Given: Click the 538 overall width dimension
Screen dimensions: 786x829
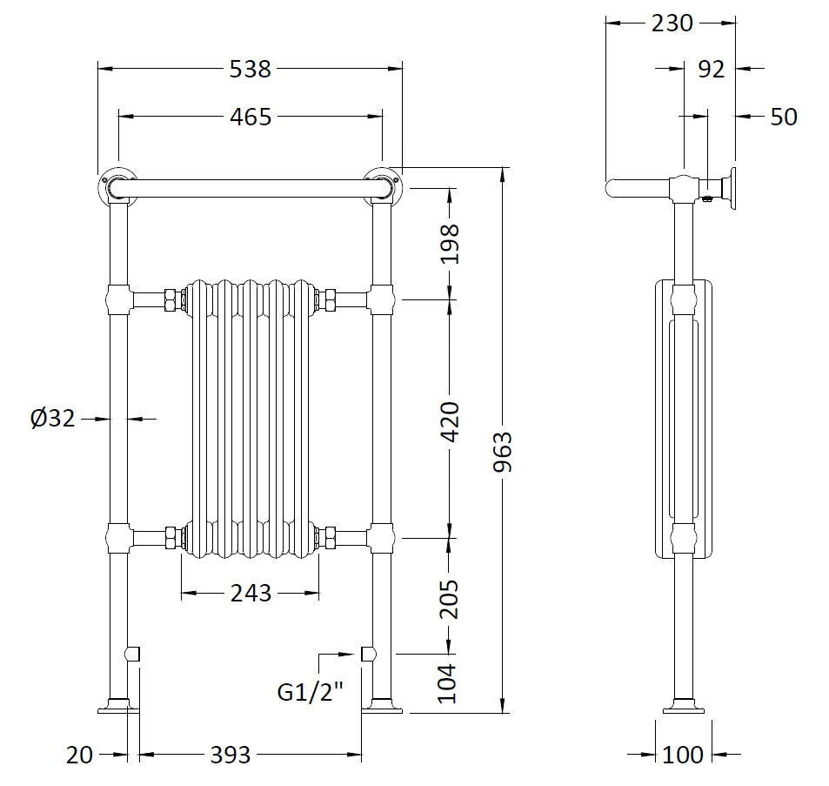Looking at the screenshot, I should tap(251, 69).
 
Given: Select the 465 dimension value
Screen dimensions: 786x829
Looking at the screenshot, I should tap(251, 116).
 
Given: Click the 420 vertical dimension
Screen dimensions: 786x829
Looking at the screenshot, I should tap(450, 421).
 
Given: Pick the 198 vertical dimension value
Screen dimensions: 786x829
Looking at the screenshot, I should tap(450, 245).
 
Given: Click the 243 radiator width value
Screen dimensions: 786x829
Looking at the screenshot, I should tap(251, 594).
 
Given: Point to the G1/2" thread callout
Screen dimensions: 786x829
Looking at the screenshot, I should tap(311, 693).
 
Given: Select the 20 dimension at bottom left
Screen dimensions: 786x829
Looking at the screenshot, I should tap(79, 755).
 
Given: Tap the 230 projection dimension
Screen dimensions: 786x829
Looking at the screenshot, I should tap(672, 24).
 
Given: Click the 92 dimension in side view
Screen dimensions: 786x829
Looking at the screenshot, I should tap(711, 69).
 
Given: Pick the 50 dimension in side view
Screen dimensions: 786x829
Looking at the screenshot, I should tap(783, 116).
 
